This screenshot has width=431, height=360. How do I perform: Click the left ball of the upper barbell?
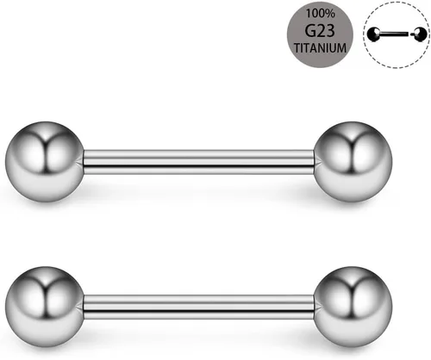click(45, 162)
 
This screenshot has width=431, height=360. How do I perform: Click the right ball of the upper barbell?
click(353, 162)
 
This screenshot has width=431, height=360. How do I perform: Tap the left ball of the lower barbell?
click(45, 307)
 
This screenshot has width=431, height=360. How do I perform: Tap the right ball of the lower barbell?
click(353, 307)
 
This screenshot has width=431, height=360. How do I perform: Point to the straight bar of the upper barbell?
click(198, 162)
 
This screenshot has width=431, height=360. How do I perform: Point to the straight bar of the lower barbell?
click(198, 307)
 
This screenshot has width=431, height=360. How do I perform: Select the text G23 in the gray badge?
click(320, 31)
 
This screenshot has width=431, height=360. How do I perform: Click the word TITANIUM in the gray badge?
click(320, 48)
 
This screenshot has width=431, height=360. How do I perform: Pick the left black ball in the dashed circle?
click(374, 34)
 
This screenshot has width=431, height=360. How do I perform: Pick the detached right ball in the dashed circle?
click(419, 34)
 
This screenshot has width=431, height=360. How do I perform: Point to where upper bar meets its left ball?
click(84, 162)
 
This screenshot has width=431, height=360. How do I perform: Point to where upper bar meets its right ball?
click(314, 162)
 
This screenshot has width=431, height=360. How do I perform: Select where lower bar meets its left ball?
click(84, 307)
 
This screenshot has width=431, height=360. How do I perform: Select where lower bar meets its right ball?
click(314, 307)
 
